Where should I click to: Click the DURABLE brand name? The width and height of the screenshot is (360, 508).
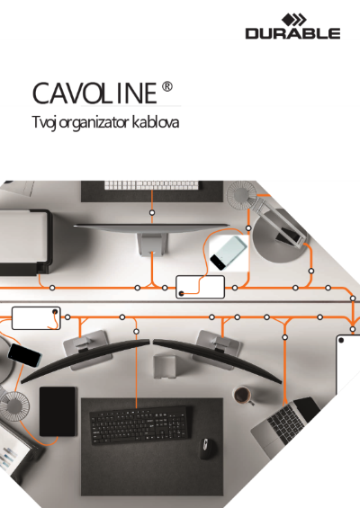pyautogui.click(x=292, y=33)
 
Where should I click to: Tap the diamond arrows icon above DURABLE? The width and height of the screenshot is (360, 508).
pyautogui.click(x=293, y=20)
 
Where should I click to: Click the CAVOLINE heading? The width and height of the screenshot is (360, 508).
pyautogui.click(x=94, y=93)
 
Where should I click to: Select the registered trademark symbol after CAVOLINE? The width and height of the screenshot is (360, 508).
pyautogui.click(x=167, y=87)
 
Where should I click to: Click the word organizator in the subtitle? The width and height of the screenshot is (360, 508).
pyautogui.click(x=94, y=123)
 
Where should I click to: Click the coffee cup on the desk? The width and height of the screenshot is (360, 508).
pyautogui.click(x=243, y=395)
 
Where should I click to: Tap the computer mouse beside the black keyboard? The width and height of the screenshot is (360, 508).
pyautogui.click(x=207, y=449)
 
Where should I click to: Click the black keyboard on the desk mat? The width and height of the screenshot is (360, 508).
pyautogui.click(x=139, y=425)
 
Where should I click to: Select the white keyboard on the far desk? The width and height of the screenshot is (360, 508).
pyautogui.click(x=151, y=185)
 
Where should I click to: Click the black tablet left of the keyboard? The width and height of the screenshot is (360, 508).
pyautogui.click(x=58, y=412)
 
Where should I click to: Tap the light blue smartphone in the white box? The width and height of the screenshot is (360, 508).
pyautogui.click(x=229, y=253)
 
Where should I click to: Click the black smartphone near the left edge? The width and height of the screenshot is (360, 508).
pyautogui.click(x=24, y=355)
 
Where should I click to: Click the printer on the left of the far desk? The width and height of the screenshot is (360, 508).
pyautogui.click(x=24, y=242)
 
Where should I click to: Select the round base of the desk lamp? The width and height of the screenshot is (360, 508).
pyautogui.click(x=279, y=240)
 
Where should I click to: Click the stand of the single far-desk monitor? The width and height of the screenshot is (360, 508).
pyautogui.click(x=152, y=245)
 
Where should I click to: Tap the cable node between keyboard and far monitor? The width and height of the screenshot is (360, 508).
pyautogui.click(x=152, y=212)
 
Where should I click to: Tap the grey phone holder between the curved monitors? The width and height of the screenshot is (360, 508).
pyautogui.click(x=165, y=367)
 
